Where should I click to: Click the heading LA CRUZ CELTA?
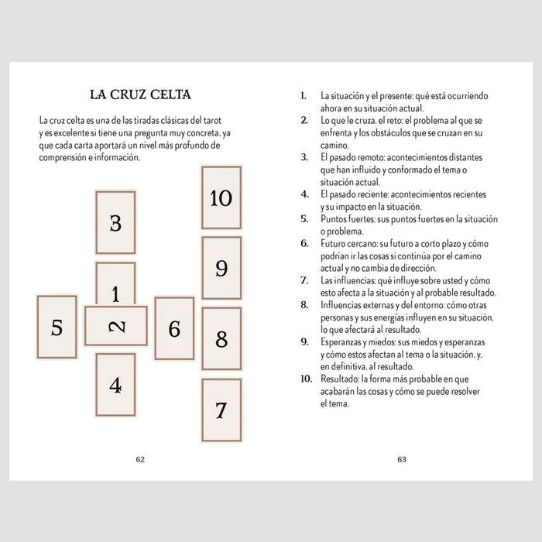tap(140, 95)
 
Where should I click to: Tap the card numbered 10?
tap(221, 197)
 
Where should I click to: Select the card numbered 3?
tap(115, 223)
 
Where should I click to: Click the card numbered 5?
tap(57, 328)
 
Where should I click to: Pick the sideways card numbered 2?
tap(116, 326)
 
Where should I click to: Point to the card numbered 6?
tap(174, 328)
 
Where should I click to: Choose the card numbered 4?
tap(115, 385)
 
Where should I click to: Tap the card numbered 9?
tap(221, 268)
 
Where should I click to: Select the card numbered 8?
tap(221, 338)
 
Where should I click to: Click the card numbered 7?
tap(221, 410)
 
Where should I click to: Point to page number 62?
tap(140, 459)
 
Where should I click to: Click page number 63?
tap(402, 459)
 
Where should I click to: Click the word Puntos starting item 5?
tap(334, 219)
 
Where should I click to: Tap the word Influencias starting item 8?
tap(344, 305)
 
